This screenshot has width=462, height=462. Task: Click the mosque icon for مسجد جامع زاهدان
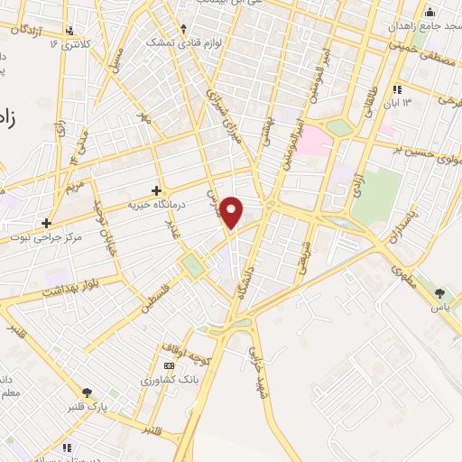click(x=430, y=13)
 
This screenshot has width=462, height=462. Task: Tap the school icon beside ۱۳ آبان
click(x=397, y=89)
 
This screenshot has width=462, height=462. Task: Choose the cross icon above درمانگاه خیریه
click(x=158, y=190)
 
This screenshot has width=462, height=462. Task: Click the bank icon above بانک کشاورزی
click(x=169, y=365)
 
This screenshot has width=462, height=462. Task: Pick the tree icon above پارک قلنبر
click(x=87, y=392)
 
